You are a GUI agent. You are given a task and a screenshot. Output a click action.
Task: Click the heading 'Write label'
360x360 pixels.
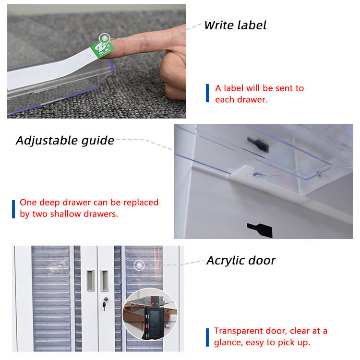pyautogui.click(x=235, y=25)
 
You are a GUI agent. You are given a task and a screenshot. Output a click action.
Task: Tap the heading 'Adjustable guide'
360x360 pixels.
pyautogui.click(x=65, y=141)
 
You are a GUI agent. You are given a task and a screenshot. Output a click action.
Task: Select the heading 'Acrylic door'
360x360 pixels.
pyautogui.click(x=241, y=261)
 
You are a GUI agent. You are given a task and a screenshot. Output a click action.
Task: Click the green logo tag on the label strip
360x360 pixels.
pyautogui.click(x=102, y=49)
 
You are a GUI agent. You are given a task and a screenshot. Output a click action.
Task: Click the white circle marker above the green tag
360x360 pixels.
pyautogui.click(x=105, y=38)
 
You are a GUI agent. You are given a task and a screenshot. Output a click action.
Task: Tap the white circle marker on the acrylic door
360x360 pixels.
pyautogui.click(x=139, y=265)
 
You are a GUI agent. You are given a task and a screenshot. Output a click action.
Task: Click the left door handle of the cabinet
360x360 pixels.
pyautogui.click(x=91, y=280)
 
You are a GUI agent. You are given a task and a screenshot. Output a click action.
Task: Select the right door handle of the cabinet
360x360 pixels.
pyautogui.click(x=104, y=280)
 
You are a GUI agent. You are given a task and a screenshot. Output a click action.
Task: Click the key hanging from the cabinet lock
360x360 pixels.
pyautogui.click(x=104, y=306)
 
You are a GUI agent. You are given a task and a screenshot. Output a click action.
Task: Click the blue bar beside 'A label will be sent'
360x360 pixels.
pyautogui.click(x=207, y=93)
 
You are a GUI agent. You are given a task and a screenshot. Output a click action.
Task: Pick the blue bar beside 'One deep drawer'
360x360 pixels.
pyautogui.click(x=13, y=209)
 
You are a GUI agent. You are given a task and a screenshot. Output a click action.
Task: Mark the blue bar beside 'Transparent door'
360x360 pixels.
pyautogui.click(x=207, y=337)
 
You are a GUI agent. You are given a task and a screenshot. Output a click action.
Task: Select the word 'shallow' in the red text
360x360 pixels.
pyautogui.click(x=65, y=214)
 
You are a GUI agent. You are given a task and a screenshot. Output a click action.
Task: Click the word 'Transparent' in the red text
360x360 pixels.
pyautogui.click(x=238, y=331)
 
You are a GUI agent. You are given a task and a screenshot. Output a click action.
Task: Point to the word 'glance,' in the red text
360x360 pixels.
pyautogui.click(x=228, y=343)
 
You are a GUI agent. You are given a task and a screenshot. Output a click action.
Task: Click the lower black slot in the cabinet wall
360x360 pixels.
pyautogui.click(x=260, y=229)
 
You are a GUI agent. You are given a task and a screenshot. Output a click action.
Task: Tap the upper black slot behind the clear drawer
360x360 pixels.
pyautogui.click(x=258, y=144)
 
